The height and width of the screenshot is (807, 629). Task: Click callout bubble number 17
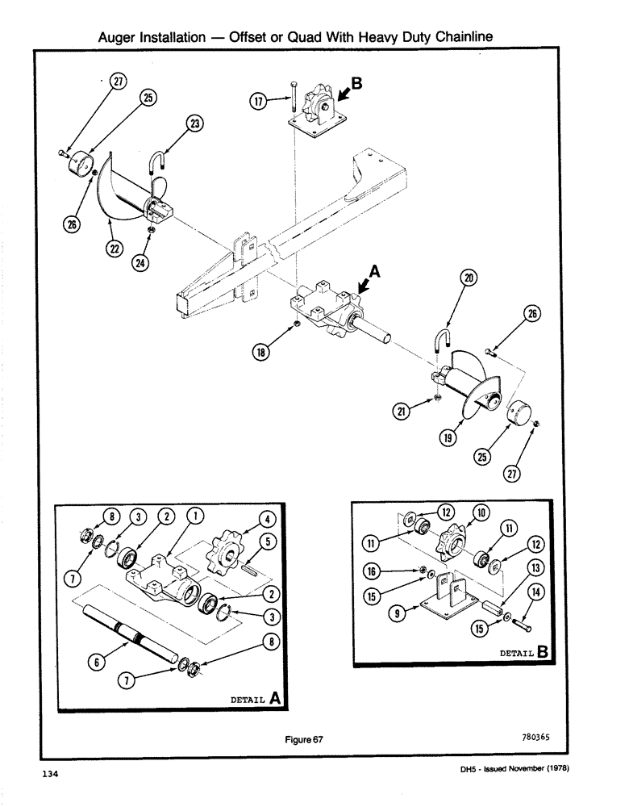pos(259,103)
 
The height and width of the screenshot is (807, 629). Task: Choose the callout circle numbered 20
pos(469,278)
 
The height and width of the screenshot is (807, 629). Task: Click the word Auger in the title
pos(119,37)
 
